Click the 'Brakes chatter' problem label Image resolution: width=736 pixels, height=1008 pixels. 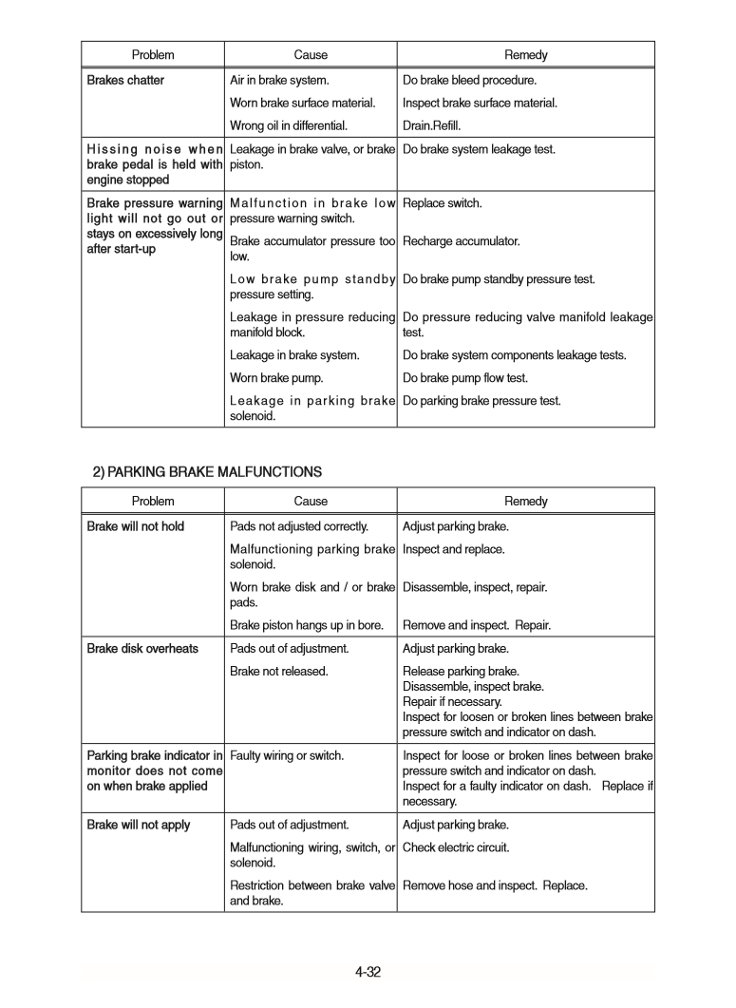point(125,81)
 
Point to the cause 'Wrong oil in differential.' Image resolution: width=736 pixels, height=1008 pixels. point(289,125)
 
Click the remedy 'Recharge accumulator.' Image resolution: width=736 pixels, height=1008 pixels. point(461,241)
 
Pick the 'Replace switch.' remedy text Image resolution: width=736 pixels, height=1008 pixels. point(442,203)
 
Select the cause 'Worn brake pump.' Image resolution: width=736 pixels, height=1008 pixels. point(276,378)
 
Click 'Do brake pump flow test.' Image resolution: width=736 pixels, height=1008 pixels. point(465,378)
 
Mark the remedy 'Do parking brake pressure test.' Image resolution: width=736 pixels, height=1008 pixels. point(481,401)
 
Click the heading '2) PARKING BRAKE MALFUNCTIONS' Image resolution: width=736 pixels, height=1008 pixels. point(207,472)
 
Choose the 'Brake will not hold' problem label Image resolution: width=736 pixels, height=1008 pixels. point(136,526)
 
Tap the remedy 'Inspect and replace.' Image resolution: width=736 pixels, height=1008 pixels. point(453,549)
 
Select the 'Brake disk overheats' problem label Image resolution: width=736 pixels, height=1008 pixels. point(142,649)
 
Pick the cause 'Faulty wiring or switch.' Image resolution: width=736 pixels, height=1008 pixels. point(287,756)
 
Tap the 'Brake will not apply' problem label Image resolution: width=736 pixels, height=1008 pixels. point(139,825)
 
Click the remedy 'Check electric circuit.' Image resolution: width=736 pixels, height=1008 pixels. point(456,847)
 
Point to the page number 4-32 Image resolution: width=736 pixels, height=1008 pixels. point(368,972)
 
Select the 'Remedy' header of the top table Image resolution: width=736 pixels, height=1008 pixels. point(525,55)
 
